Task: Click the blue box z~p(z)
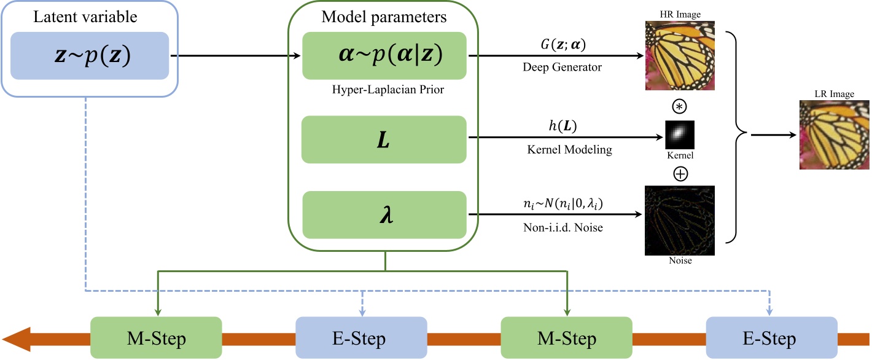click(90, 55)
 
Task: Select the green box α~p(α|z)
click(384, 55)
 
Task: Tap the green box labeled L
click(384, 139)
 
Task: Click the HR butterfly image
click(680, 56)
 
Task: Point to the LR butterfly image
click(833, 135)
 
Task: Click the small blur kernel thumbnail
click(680, 133)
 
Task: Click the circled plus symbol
click(680, 174)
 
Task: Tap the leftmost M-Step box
click(156, 338)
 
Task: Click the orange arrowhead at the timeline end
click(17, 338)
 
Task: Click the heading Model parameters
click(384, 17)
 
